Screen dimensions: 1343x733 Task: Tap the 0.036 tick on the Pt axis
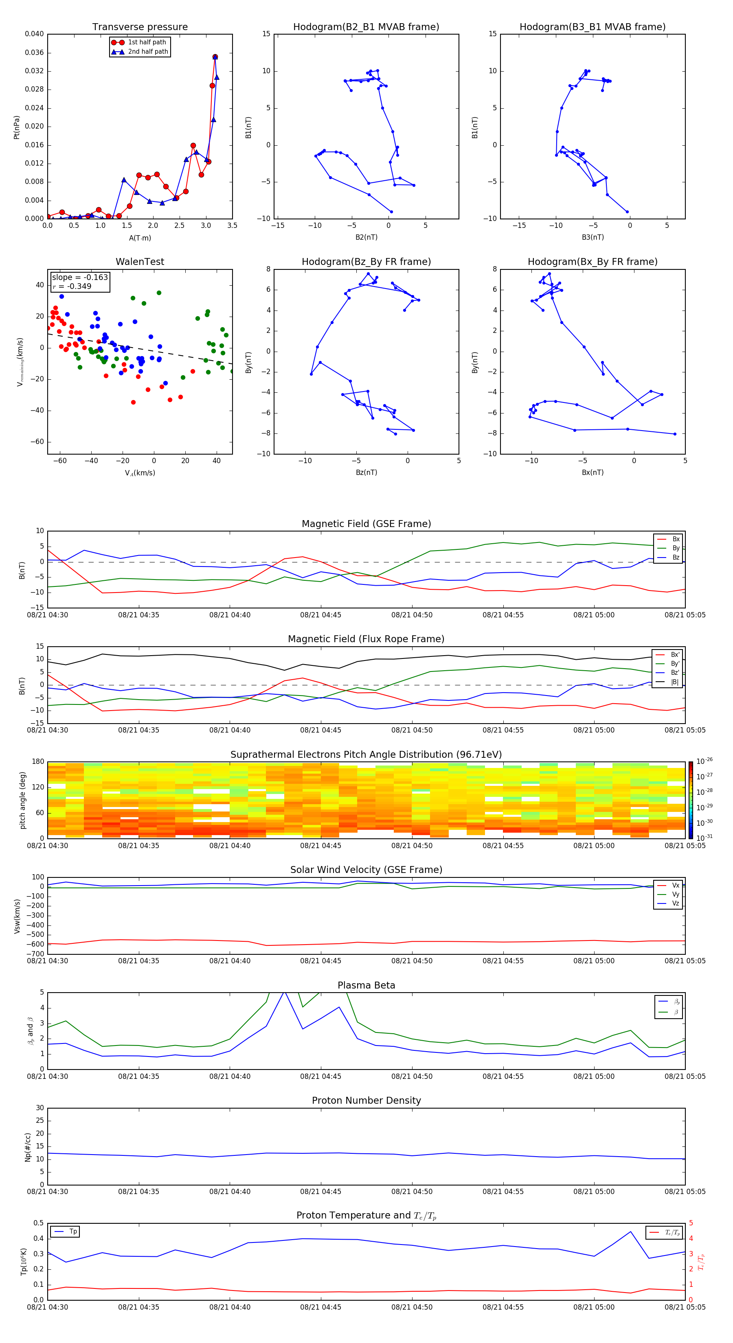coord(35,52)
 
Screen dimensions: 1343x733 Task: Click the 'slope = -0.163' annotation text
coord(80,278)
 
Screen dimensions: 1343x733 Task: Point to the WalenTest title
coord(140,262)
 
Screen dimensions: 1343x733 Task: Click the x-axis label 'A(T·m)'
coord(140,238)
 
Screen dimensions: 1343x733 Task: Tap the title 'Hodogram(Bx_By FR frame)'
coord(592,262)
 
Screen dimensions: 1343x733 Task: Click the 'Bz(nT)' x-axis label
coord(366,472)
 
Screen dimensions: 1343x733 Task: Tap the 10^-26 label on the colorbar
coord(704,761)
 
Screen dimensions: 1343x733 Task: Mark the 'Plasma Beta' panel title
coord(366,985)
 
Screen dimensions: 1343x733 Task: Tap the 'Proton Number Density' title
coord(366,1100)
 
